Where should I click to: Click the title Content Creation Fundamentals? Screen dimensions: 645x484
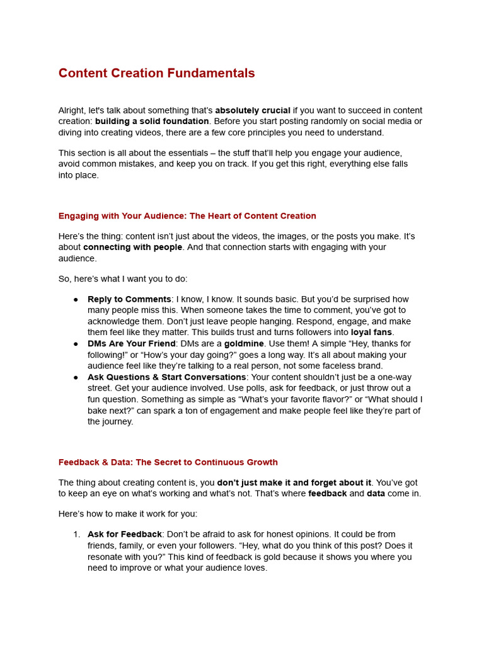tap(156, 73)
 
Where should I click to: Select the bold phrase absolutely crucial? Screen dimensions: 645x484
tap(253, 110)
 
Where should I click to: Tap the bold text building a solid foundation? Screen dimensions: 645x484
tap(152, 121)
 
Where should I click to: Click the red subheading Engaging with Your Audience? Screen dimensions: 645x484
tap(187, 216)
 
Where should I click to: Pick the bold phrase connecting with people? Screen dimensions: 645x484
tap(132, 247)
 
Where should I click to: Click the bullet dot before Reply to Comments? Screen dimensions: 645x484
tap(76, 300)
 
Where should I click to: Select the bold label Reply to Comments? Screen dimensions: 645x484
tap(129, 299)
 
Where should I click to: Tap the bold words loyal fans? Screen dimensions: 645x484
tap(371, 332)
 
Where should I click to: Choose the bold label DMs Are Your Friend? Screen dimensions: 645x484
tap(131, 343)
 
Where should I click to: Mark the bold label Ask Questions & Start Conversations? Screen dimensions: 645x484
tap(166, 377)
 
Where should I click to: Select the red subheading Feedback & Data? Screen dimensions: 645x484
tap(168, 462)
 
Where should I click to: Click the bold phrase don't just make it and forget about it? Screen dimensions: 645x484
tap(294, 482)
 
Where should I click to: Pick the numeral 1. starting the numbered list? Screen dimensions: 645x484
tap(76, 534)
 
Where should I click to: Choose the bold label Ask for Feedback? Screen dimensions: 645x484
tap(125, 534)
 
